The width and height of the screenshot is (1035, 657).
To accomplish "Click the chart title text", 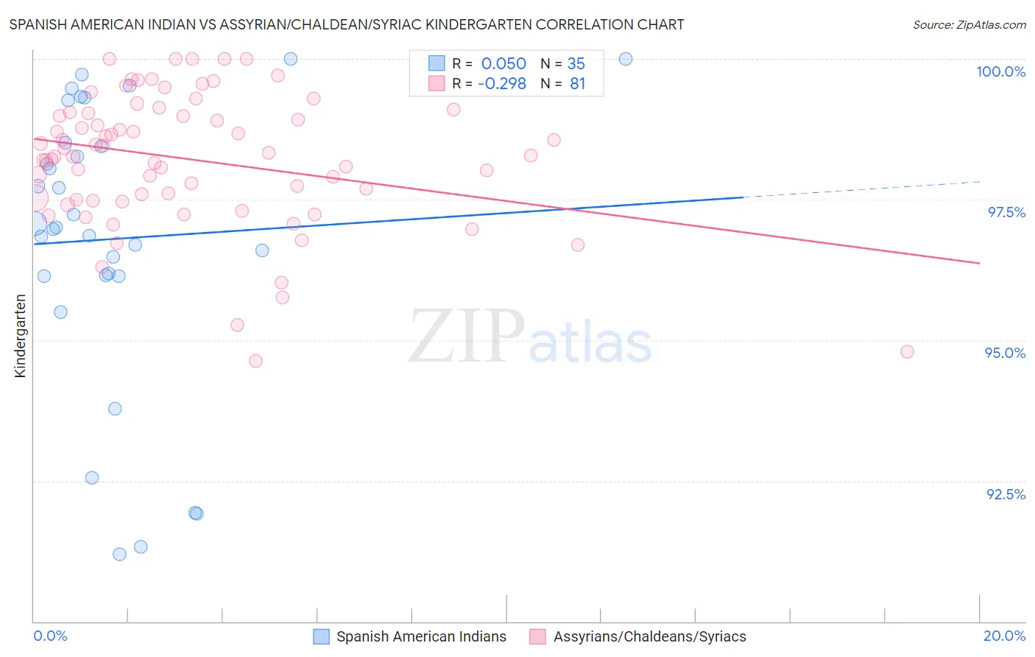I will (x=347, y=24).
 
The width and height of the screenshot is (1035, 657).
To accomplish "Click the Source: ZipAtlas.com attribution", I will (x=969, y=24).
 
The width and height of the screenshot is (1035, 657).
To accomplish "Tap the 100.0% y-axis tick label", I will (x=1000, y=71).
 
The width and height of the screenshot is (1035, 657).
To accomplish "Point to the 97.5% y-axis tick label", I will (x=1006, y=212).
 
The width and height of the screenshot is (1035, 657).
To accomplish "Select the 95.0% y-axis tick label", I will (x=1005, y=353).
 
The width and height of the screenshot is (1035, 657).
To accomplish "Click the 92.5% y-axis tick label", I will (x=1006, y=494).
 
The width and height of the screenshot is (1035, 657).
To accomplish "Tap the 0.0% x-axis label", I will (x=50, y=636).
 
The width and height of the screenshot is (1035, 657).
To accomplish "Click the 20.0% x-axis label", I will (x=1004, y=636).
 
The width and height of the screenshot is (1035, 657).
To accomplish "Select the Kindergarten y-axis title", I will (x=20, y=336).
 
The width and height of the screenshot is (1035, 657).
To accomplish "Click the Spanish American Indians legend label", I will (x=421, y=637).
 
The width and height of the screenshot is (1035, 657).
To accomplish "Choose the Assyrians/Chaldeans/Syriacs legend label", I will (x=649, y=637).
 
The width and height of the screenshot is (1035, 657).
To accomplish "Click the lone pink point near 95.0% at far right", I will (x=907, y=352).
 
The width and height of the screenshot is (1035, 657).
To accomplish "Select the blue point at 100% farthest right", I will (x=626, y=59).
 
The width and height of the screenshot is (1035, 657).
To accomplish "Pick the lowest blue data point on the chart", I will (x=119, y=554).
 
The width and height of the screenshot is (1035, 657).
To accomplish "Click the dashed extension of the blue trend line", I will (x=861, y=189).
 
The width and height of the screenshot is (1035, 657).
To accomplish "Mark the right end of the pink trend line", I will (x=979, y=263).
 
